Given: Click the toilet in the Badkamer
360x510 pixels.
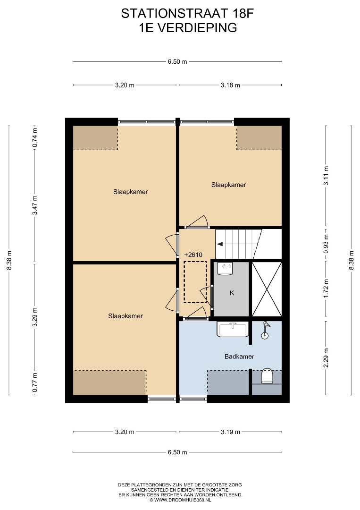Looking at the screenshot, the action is coord(267,376).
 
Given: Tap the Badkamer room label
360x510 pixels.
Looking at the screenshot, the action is coord(239,357).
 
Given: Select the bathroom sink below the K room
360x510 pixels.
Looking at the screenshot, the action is coord(233,330).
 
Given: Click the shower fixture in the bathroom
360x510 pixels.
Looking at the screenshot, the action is coord(266,330).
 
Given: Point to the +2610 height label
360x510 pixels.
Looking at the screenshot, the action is coord(193,255).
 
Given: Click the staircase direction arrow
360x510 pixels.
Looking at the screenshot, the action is coord(220,244).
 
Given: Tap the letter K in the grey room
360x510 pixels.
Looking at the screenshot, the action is coord(232,293).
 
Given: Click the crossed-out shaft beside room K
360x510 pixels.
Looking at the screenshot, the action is coord(267,289).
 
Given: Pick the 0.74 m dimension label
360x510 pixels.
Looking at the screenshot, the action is coord(35,137).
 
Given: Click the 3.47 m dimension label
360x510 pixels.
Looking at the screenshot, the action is coord(35,205).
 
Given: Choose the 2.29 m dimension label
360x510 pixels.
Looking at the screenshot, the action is coord(326,358).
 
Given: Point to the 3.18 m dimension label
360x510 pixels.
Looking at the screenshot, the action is coord(230,85).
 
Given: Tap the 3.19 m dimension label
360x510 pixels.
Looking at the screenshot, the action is coord(230,432).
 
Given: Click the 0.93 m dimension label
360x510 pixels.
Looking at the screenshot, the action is coord(326,244).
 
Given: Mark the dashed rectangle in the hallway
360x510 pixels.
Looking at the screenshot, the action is coord(195,281).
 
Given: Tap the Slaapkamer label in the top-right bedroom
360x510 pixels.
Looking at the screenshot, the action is coord(228,185).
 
